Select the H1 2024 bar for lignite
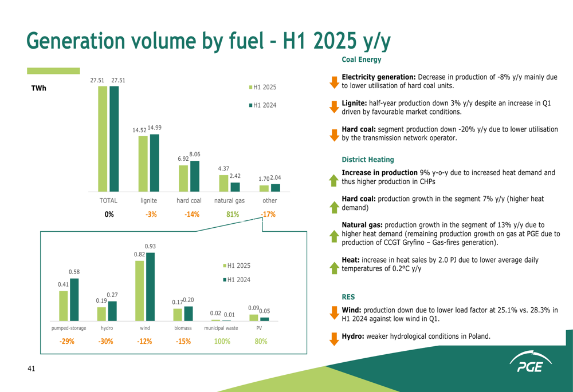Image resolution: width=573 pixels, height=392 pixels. pos(154,163)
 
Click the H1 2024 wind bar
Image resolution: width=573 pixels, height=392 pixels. pos(150,287)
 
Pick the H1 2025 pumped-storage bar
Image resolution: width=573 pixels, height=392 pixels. pos(64,306)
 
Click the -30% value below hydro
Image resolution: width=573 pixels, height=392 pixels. pos(106,342)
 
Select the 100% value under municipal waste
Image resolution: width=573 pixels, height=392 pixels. pos(222,342)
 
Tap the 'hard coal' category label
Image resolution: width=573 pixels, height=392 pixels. pos(189,201)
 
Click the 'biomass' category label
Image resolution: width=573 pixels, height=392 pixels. pos(183,328)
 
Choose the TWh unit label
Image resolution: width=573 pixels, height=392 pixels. pos(39,88)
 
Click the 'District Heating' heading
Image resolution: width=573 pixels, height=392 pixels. pos(368,160)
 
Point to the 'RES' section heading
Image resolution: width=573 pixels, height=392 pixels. pos(348,297)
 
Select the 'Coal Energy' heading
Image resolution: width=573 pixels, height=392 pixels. pos(362,60)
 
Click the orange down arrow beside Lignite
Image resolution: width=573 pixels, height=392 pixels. pos(335,107)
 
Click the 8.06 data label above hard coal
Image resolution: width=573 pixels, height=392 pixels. pos(195,154)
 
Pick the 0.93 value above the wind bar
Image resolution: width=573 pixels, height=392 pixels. pos(150,246)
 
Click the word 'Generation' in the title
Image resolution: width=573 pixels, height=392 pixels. pos(74,40)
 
